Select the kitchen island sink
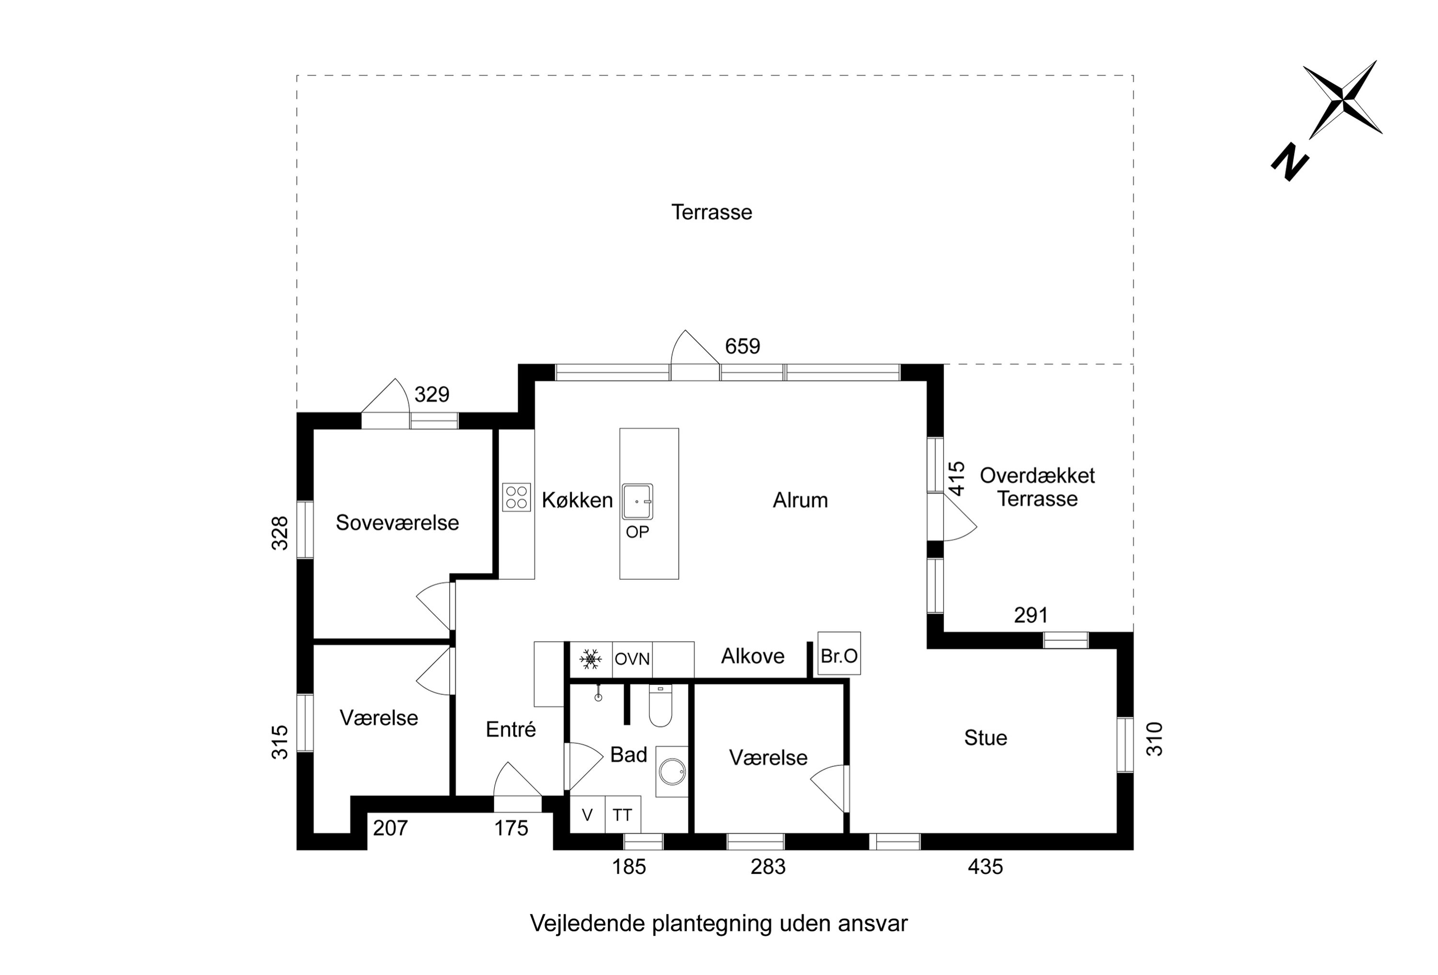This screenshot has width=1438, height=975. coord(638,502)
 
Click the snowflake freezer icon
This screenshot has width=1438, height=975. coord(590,658)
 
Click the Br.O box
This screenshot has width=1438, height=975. coord(839,656)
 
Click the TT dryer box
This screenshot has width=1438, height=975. coord(623,815)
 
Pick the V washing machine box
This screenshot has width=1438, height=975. coord(587,815)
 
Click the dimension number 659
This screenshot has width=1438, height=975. coord(742,346)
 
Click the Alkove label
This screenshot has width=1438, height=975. coord(753,656)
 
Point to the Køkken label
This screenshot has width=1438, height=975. coord(577,500)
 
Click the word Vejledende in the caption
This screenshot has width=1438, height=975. coord(588,924)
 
